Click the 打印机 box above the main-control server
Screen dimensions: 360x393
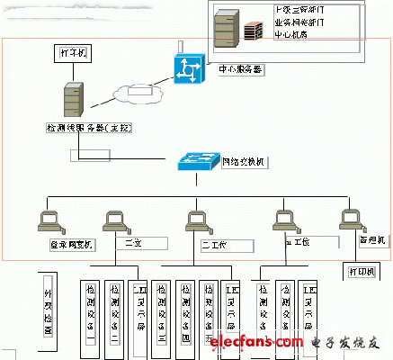point(75,54)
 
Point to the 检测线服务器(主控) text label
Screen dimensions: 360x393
point(85,129)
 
